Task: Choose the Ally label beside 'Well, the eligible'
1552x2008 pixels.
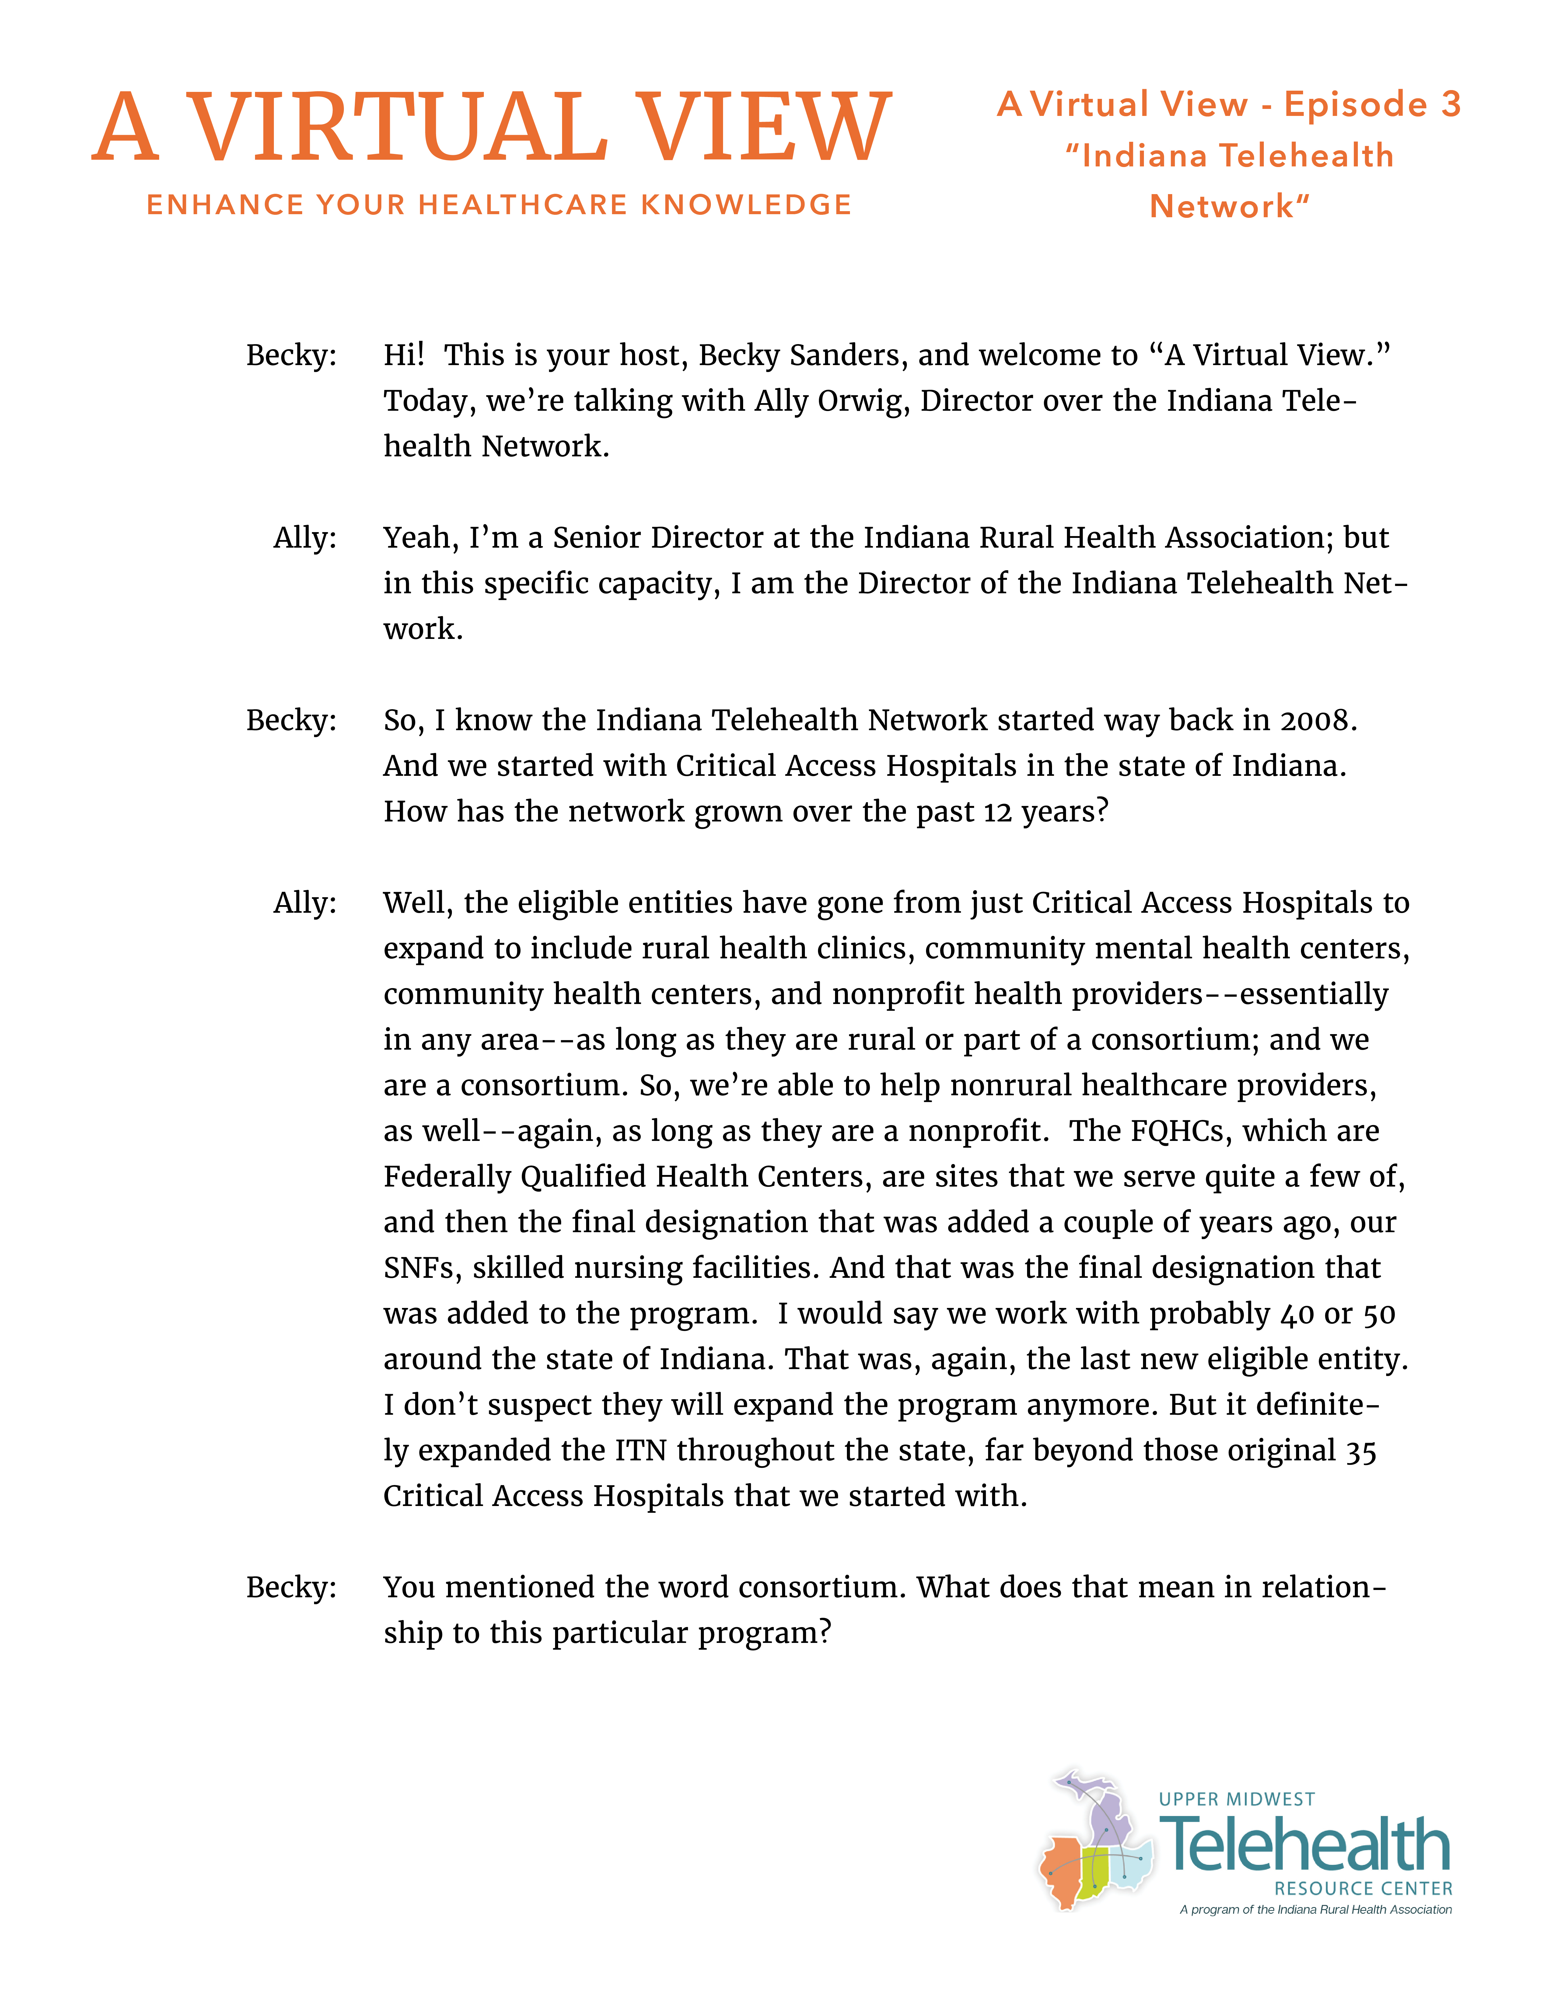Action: point(304,903)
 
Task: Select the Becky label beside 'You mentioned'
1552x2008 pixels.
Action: point(291,1587)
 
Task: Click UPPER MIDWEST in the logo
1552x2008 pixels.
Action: point(1237,1799)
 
